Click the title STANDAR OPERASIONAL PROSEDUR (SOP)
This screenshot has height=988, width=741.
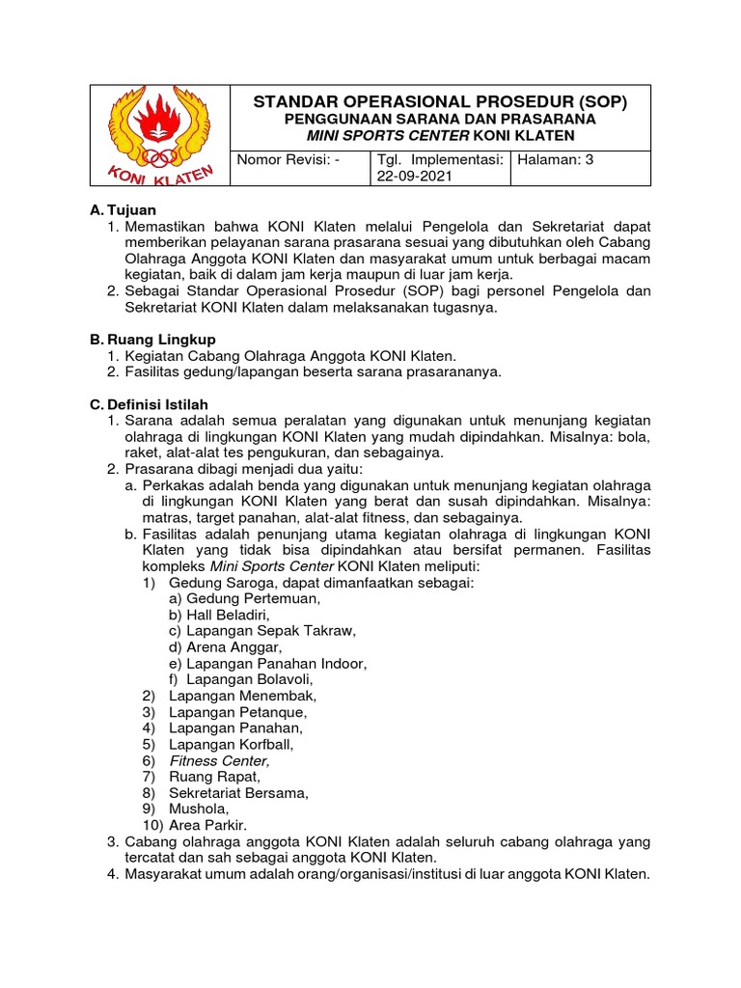coord(439,101)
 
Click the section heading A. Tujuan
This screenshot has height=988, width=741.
coord(123,209)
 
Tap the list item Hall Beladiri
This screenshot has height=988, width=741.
coord(232,615)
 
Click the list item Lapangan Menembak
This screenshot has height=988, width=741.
coord(242,696)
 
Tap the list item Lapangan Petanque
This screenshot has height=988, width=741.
coord(238,712)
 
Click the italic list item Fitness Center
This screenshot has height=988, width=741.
coord(219,760)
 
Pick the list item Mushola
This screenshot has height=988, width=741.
coord(199,809)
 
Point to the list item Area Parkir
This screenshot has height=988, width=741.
coord(207,825)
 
